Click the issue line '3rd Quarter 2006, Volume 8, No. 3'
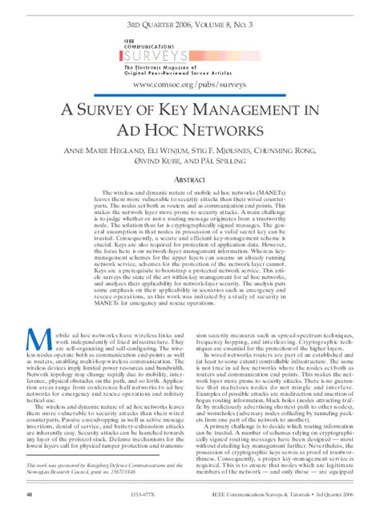(191, 14)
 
